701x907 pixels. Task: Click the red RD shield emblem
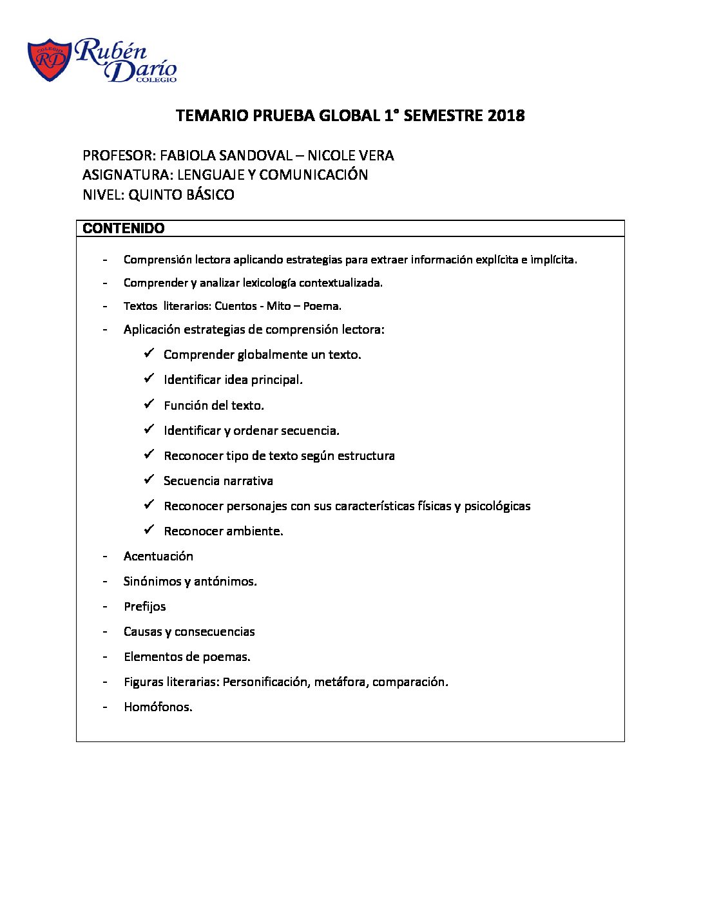pos(50,60)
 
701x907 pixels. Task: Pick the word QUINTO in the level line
pos(155,195)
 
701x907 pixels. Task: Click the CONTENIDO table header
pos(124,229)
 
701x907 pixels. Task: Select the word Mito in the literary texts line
pos(278,306)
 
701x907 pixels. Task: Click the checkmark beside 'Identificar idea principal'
pos(149,379)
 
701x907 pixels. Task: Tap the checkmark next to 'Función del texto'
pos(149,404)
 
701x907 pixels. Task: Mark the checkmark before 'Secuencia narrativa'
pos(149,479)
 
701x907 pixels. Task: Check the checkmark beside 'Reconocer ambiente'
pos(149,530)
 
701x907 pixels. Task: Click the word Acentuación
pos(158,556)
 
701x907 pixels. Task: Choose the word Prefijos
pos(145,606)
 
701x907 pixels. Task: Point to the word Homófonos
pos(158,707)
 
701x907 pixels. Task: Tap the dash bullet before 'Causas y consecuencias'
pos(104,631)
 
